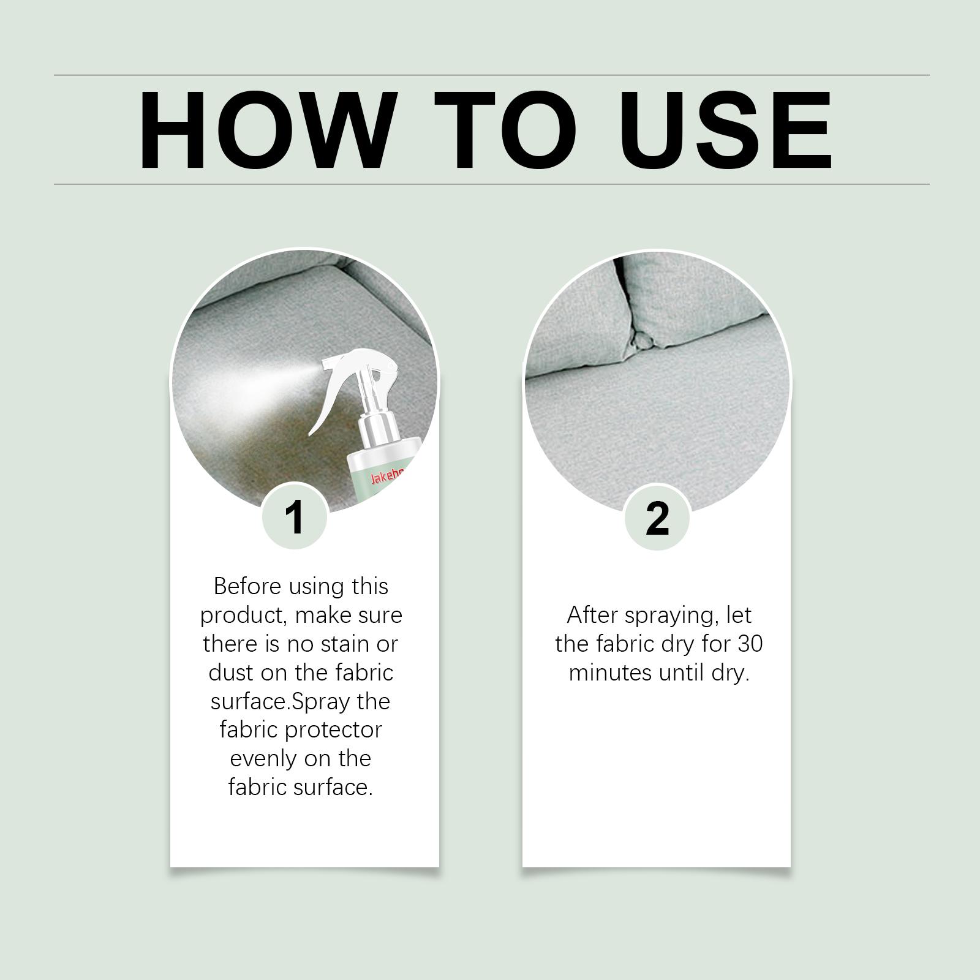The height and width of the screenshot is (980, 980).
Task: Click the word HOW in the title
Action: [265, 130]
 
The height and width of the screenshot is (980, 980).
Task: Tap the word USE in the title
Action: [729, 130]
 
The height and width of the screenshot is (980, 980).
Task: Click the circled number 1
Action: [295, 518]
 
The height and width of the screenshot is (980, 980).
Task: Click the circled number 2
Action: [657, 518]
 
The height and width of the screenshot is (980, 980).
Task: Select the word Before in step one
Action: [247, 586]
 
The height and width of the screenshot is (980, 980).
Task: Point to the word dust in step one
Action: [230, 673]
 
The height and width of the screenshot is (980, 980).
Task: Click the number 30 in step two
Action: [750, 644]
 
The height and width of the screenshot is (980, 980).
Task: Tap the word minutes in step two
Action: [610, 673]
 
